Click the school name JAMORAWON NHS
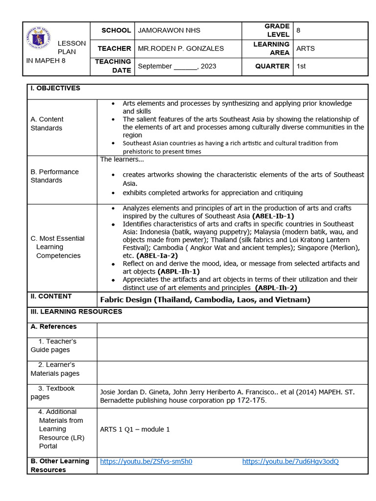pyautogui.click(x=169, y=30)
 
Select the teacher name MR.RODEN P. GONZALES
pyautogui.click(x=181, y=48)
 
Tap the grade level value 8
pyautogui.click(x=298, y=30)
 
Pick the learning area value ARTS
pyautogui.click(x=305, y=48)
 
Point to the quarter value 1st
pyautogui.click(x=301, y=66)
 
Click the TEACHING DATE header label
pyautogui.click(x=113, y=66)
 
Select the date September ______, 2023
pyautogui.click(x=177, y=66)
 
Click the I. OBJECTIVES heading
pyautogui.click(x=55, y=88)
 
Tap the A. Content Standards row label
pyautogui.click(x=47, y=124)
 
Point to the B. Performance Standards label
pyautogui.click(x=54, y=176)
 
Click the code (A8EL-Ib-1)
pyautogui.click(x=273, y=216)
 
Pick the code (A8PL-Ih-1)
pyautogui.click(x=178, y=272)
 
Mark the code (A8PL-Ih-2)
pyautogui.click(x=277, y=288)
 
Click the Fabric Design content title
pyautogui.click(x=205, y=300)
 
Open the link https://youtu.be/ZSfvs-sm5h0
pyautogui.click(x=146, y=461)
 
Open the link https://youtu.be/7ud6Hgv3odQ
pyautogui.click(x=290, y=461)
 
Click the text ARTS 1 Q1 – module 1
pyautogui.click(x=135, y=430)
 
